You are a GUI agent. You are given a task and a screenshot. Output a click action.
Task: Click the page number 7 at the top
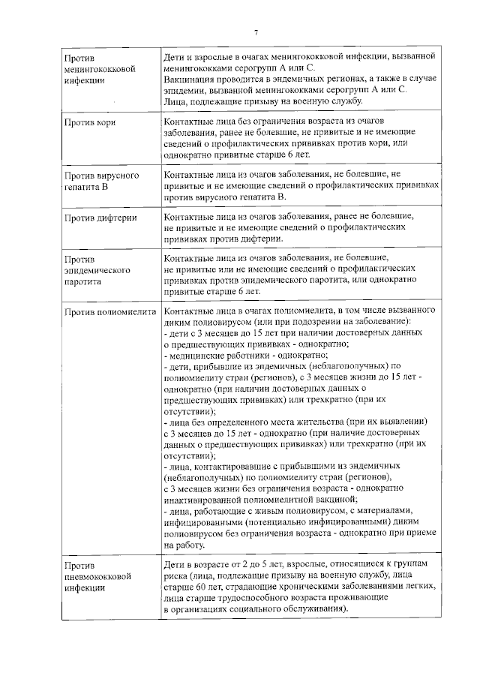[256, 32]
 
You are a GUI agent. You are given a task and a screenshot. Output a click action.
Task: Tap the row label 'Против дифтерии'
[100, 219]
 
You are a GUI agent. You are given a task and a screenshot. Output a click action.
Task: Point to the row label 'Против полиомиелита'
[109, 311]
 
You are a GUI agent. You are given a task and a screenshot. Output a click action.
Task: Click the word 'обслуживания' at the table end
[317, 610]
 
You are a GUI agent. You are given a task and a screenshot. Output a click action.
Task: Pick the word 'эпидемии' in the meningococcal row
[184, 90]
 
